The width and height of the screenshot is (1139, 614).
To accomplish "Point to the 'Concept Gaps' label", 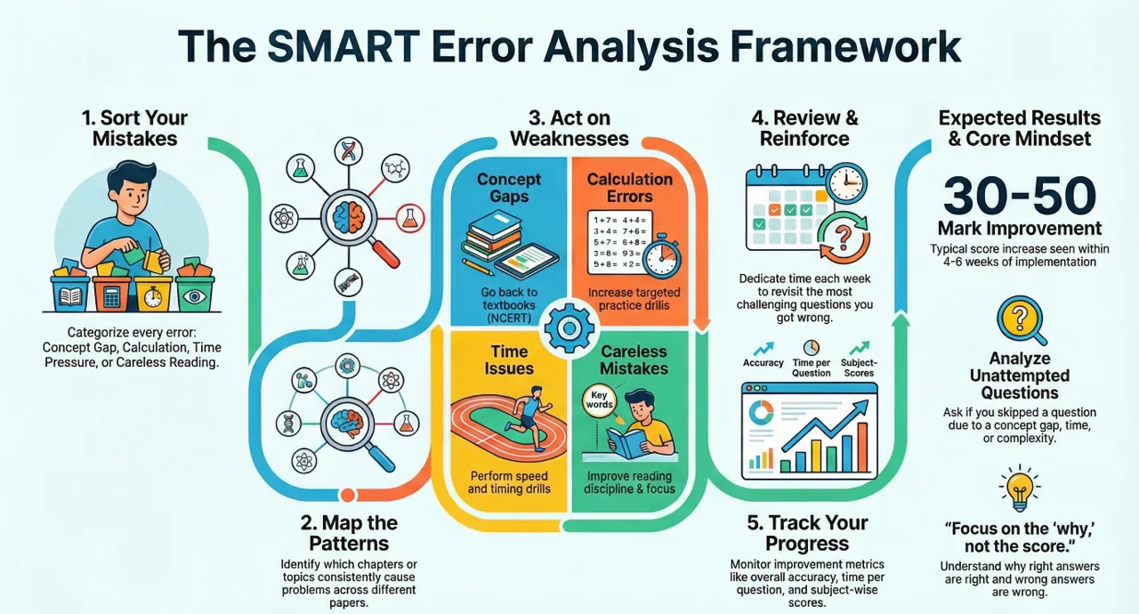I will tap(508, 188).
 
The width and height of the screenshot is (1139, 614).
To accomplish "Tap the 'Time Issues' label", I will tap(508, 359).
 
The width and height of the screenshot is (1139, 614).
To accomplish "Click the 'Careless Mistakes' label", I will tap(634, 359).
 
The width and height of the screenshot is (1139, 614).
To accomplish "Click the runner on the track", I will tap(529, 417).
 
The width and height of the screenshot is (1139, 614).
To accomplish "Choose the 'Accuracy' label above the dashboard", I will tap(763, 362).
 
